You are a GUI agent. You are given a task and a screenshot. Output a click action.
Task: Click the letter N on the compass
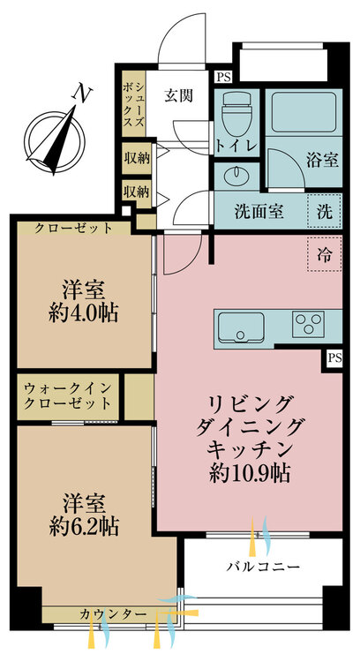click(x=82, y=94)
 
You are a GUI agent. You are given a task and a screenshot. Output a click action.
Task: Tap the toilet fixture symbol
click(x=236, y=112)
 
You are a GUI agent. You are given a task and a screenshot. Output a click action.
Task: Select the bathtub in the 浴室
click(x=303, y=112)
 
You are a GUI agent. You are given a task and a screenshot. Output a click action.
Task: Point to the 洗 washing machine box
click(x=324, y=212)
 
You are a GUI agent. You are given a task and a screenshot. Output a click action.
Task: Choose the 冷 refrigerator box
click(x=324, y=254)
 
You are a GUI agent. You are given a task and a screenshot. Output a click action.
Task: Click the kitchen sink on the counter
click(x=241, y=327)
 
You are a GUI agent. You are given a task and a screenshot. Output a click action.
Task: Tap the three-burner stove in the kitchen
click(x=308, y=324)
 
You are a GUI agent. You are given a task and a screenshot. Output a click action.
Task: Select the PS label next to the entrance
click(x=224, y=77)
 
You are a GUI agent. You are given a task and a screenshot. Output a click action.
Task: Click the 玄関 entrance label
click(x=178, y=96)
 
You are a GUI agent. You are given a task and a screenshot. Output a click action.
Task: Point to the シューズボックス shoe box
click(x=134, y=104)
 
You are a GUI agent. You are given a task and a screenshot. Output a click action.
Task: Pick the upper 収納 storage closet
click(x=137, y=158)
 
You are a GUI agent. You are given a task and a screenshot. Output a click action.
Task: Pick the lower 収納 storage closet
click(x=136, y=193)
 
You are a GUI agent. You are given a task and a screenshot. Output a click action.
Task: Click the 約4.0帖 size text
click(x=83, y=314)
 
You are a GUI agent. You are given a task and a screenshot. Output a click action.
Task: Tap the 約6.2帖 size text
click(x=84, y=526)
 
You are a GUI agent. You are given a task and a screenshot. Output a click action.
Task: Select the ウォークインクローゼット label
click(x=68, y=395)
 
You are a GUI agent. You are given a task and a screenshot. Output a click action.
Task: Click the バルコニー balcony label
click(x=263, y=566)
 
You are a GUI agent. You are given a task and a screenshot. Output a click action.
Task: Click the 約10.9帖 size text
click(x=250, y=475)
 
